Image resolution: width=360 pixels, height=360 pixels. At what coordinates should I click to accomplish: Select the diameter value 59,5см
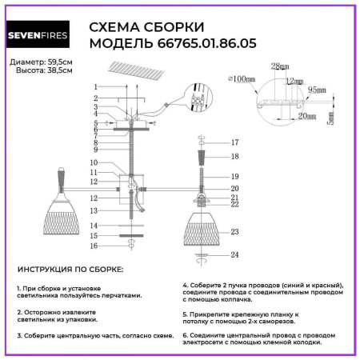point(58,62)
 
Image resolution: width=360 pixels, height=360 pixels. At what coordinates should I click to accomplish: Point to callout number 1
point(94,86)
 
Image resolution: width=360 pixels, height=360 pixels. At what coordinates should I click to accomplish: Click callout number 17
point(234,142)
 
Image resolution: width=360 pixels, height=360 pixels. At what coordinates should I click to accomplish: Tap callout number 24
point(234,255)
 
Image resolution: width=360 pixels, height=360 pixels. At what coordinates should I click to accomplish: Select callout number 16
point(94,247)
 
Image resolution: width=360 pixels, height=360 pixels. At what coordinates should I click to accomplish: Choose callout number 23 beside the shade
point(234,231)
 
